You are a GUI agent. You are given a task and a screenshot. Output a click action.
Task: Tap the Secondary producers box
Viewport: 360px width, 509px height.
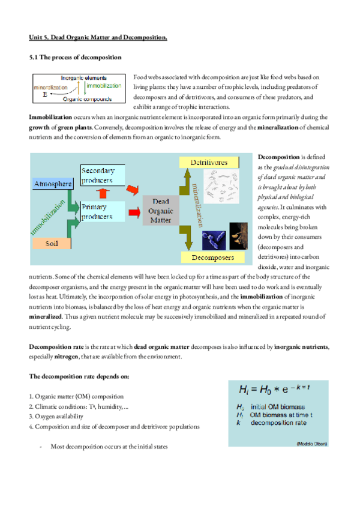(101, 176)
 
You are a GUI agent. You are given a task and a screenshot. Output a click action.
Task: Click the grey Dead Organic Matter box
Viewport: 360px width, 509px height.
(160, 211)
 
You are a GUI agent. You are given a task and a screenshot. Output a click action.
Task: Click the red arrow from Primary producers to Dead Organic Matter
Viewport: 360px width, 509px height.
(133, 212)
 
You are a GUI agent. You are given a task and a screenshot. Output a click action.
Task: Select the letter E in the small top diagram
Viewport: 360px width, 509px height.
(44, 95)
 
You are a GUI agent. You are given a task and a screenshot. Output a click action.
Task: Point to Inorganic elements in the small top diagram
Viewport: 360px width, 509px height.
(84, 78)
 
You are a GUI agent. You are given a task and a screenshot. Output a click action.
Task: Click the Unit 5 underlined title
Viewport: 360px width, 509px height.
(98, 38)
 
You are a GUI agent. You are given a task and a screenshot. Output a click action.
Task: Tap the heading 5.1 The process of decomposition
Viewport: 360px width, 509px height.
(76, 57)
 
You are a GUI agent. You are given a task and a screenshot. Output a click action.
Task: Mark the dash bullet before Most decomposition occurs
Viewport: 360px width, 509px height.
(40, 447)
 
